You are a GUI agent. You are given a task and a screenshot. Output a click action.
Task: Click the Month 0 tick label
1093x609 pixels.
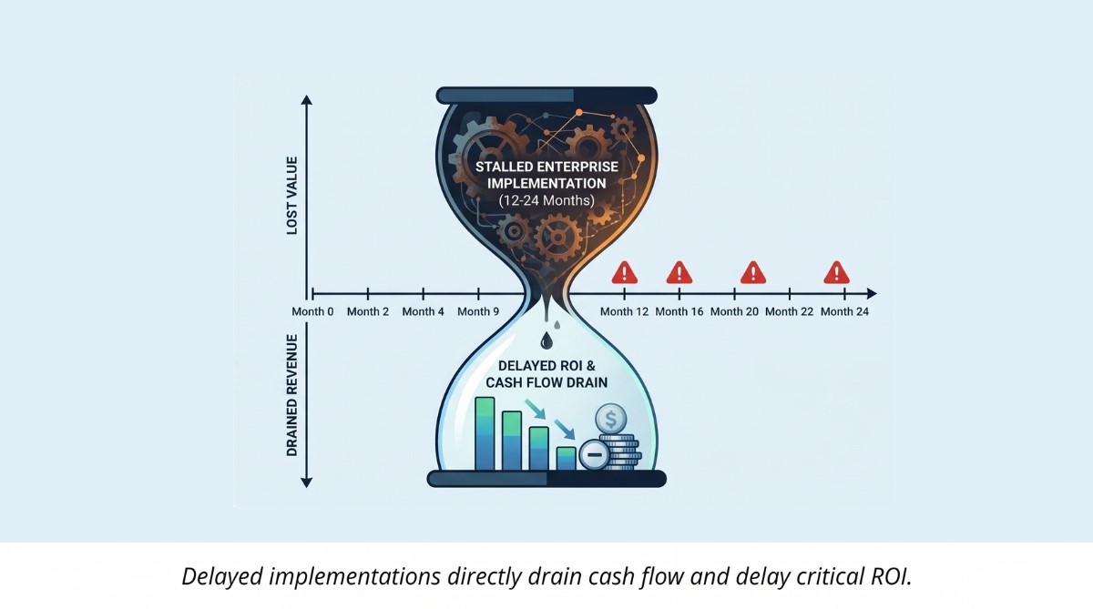(312, 311)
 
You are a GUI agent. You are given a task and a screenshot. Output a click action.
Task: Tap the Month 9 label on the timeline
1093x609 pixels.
(478, 311)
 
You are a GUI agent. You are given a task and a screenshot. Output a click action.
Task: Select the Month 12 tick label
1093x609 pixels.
(625, 311)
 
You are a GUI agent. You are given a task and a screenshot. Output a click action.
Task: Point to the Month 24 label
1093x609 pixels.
(844, 311)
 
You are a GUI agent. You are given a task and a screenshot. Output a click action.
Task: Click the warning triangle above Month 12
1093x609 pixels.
(624, 272)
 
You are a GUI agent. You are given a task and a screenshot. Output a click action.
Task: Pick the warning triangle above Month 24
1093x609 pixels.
(836, 272)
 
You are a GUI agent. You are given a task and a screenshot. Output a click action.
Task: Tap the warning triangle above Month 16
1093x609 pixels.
(679, 272)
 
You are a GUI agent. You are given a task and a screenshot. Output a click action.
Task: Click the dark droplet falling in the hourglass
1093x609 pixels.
(546, 340)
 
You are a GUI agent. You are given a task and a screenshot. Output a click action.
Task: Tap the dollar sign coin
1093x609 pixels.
(609, 420)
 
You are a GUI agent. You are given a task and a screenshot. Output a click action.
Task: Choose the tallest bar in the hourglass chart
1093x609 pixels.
(485, 434)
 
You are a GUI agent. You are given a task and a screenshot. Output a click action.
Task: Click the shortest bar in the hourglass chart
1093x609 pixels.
(566, 458)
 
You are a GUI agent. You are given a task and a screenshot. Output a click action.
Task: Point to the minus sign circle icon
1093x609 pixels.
(594, 453)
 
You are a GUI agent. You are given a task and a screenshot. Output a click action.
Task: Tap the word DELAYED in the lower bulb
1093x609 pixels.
(514, 366)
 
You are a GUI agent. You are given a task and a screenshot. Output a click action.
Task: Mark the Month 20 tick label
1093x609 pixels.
(733, 311)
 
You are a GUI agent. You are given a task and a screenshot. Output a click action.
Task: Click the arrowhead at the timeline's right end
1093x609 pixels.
(872, 293)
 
